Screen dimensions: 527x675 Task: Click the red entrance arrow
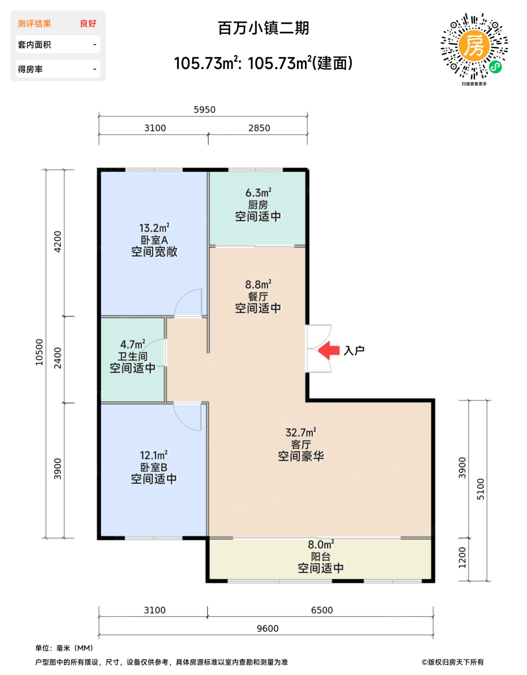click(x=329, y=351)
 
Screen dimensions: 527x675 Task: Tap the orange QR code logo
click(x=474, y=46)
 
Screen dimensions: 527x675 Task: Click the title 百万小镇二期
click(x=263, y=28)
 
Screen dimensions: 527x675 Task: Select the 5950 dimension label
click(x=204, y=109)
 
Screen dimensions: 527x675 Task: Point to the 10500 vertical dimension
click(x=39, y=352)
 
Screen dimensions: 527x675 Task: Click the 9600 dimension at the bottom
click(x=267, y=628)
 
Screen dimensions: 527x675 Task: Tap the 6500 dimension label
click(x=322, y=610)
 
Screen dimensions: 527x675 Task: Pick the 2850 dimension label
click(x=259, y=128)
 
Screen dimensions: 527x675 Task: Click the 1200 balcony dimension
click(x=462, y=557)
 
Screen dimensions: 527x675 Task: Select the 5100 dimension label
click(x=480, y=489)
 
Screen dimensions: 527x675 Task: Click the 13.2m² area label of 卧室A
click(x=154, y=228)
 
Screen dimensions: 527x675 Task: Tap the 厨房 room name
click(x=258, y=205)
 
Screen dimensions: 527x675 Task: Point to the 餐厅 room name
click(x=258, y=297)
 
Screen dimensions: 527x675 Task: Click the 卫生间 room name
click(x=132, y=356)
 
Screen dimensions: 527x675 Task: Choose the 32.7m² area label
click(x=301, y=432)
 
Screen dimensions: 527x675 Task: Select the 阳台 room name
click(x=321, y=557)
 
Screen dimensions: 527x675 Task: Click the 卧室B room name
click(x=154, y=467)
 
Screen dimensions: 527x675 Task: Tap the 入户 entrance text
click(x=354, y=351)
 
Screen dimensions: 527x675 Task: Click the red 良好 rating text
click(x=88, y=24)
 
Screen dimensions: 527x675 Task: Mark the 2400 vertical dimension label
click(x=58, y=358)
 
